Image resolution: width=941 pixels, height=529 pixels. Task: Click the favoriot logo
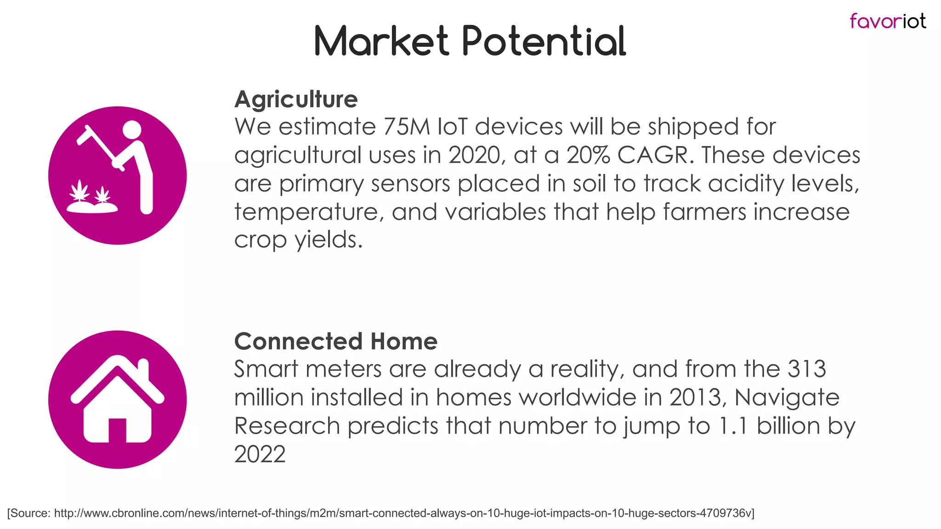coord(887,21)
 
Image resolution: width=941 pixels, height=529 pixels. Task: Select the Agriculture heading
coord(296,99)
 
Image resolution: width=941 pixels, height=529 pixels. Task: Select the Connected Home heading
coord(335,341)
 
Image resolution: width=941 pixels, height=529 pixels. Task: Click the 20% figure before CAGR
coord(588,155)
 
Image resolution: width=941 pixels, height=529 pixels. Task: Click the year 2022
coord(260,454)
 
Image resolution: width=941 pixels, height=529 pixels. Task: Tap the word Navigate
coord(787,398)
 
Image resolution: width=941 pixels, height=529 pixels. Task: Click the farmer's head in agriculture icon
coord(132,129)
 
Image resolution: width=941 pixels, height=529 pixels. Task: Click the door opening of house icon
coord(117,430)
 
